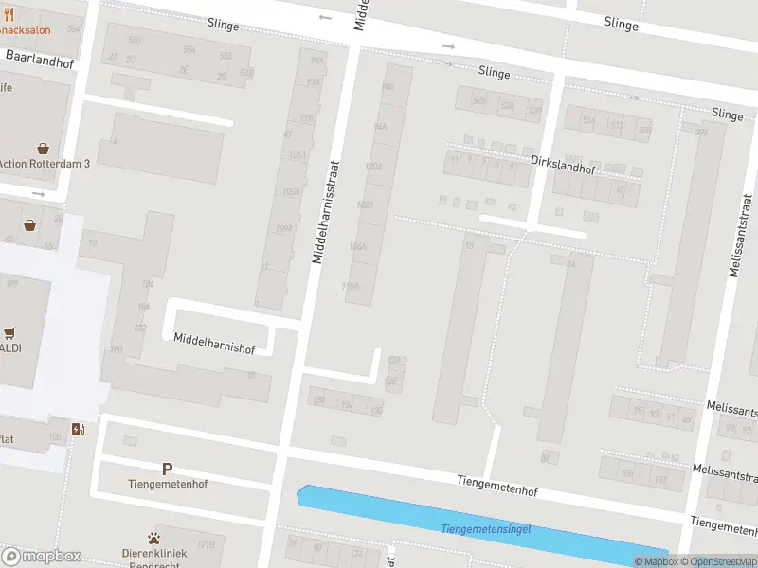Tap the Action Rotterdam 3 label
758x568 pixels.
44,163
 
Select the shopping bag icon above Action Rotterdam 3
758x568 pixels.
44,148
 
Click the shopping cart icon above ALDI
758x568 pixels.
10,333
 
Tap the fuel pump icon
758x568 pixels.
80,429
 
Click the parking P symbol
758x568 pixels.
168,469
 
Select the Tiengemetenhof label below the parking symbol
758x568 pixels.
168,484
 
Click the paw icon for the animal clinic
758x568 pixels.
154,539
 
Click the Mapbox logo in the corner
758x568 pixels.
42,557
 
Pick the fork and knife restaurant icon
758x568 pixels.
9,15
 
